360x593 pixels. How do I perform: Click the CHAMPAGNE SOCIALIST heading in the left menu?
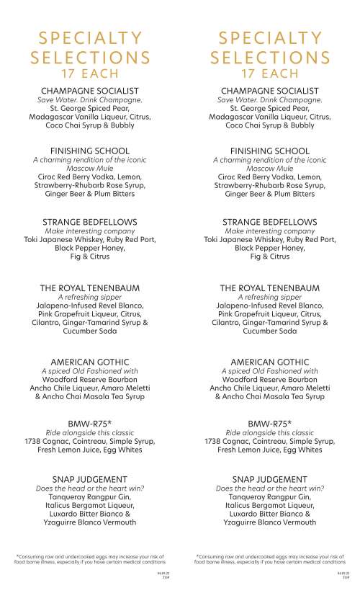click(x=90, y=91)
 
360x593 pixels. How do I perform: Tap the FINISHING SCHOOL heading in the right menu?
click(x=270, y=151)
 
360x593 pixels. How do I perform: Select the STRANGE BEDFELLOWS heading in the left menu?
click(x=90, y=222)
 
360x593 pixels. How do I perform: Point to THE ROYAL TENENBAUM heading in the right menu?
click(x=270, y=288)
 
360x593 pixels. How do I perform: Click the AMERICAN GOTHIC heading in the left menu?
click(x=90, y=362)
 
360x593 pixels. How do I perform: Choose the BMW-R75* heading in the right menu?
click(x=270, y=424)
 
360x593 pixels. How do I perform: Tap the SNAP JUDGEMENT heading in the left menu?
click(x=90, y=479)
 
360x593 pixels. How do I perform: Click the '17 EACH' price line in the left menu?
click(x=90, y=73)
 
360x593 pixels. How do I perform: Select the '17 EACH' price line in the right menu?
click(x=270, y=73)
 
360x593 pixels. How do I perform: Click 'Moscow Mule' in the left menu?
click(x=90, y=168)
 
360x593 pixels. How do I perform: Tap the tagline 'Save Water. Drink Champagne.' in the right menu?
click(x=270, y=99)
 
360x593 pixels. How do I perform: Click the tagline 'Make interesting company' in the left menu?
click(x=90, y=231)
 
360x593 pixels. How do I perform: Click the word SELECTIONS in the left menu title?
click(x=90, y=57)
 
